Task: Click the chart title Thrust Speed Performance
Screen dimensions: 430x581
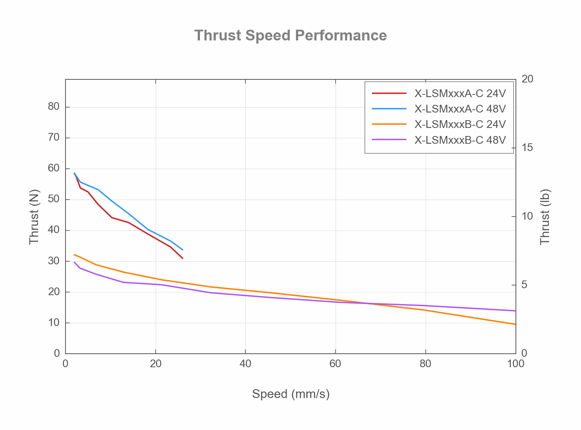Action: click(290, 35)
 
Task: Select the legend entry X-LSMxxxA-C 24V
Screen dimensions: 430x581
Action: click(460, 94)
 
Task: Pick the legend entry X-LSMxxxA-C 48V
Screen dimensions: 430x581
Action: click(460, 109)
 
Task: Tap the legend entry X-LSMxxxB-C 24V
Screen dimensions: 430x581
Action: click(460, 124)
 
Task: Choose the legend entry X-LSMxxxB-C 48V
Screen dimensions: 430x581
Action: click(460, 140)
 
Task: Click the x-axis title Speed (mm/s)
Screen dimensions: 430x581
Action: click(290, 394)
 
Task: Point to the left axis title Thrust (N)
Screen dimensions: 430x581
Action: click(34, 217)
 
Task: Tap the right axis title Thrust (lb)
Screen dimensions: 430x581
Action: click(545, 217)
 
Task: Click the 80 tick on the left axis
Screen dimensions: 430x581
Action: click(54, 107)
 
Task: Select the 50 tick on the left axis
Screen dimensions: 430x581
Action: click(54, 199)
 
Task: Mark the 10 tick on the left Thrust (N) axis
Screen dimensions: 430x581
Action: click(54, 322)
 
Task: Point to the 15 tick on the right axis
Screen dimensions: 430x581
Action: click(527, 148)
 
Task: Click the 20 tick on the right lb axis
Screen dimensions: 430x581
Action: click(527, 79)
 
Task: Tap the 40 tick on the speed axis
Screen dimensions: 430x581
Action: click(245, 364)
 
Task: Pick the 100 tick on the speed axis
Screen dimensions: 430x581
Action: click(516, 364)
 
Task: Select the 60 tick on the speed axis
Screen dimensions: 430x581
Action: click(336, 364)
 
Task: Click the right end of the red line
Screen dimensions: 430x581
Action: click(183, 258)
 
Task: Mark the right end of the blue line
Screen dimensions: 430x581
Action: click(183, 250)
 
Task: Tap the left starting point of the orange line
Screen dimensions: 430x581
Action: click(74, 254)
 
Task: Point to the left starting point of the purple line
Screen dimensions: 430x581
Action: click(74, 262)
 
